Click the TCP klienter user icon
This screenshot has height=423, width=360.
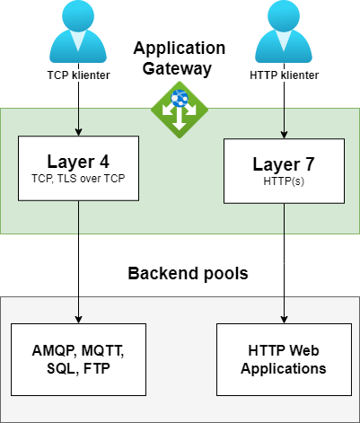pos(78,31)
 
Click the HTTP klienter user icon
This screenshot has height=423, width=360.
pos(284,31)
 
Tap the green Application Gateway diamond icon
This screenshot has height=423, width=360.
pos(180,110)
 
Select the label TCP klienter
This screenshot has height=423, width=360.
pos(78,75)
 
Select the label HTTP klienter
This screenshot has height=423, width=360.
pos(284,75)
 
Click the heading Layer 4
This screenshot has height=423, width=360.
pos(78,162)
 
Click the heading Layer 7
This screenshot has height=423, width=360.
pos(284,164)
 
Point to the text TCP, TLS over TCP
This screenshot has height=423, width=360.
pos(78,179)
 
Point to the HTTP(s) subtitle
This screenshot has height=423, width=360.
pos(284,181)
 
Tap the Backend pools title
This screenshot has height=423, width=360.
pos(188,273)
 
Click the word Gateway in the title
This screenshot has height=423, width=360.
pos(177,68)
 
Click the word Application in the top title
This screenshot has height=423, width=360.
pos(180,48)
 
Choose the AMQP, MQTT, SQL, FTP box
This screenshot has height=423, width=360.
pos(78,359)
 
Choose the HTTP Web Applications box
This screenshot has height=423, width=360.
pos(284,359)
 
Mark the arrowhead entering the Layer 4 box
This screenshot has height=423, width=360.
pos(78,132)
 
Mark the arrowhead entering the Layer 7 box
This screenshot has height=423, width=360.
pos(284,135)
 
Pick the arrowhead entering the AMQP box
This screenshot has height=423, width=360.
pos(78,320)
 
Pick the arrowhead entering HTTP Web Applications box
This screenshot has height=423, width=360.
pos(284,320)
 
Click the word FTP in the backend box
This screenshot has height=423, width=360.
pos(97,368)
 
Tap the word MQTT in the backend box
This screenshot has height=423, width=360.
pos(102,350)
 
